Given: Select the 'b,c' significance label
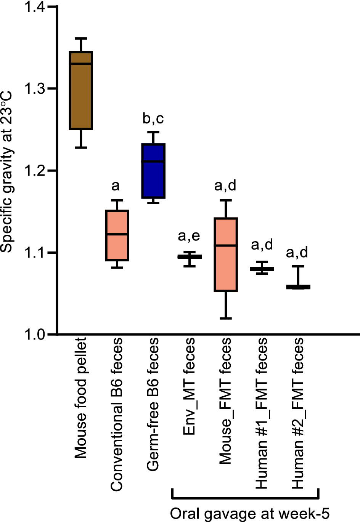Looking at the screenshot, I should click(x=153, y=118).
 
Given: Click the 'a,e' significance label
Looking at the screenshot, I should click(x=189, y=236).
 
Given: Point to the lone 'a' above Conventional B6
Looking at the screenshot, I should click(x=116, y=186).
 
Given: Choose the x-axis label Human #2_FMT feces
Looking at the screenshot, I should click(x=298, y=413).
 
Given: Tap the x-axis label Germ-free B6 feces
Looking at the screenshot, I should click(x=153, y=404).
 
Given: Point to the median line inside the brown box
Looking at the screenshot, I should click(x=81, y=64).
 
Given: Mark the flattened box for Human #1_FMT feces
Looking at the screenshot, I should click(x=262, y=269).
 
